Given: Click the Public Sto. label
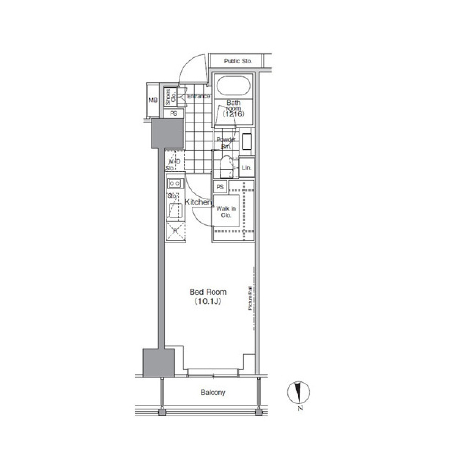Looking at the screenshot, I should (237, 61).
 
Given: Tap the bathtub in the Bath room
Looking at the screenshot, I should (234, 86).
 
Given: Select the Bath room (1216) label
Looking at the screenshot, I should (233, 108).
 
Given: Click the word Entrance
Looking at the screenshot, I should (199, 96).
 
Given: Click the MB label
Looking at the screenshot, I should (153, 100).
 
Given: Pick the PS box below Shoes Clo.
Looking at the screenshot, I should (173, 114).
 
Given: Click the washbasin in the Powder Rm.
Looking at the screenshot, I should (247, 142).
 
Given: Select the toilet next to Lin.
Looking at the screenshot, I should (226, 168).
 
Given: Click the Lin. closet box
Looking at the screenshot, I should (247, 168).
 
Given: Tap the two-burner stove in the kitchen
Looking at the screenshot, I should (174, 183).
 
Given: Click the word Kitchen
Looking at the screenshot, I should (198, 202).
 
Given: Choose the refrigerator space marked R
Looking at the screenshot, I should (175, 231).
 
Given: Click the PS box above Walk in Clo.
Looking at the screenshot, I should (220, 187).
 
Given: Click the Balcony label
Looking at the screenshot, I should (213, 393).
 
